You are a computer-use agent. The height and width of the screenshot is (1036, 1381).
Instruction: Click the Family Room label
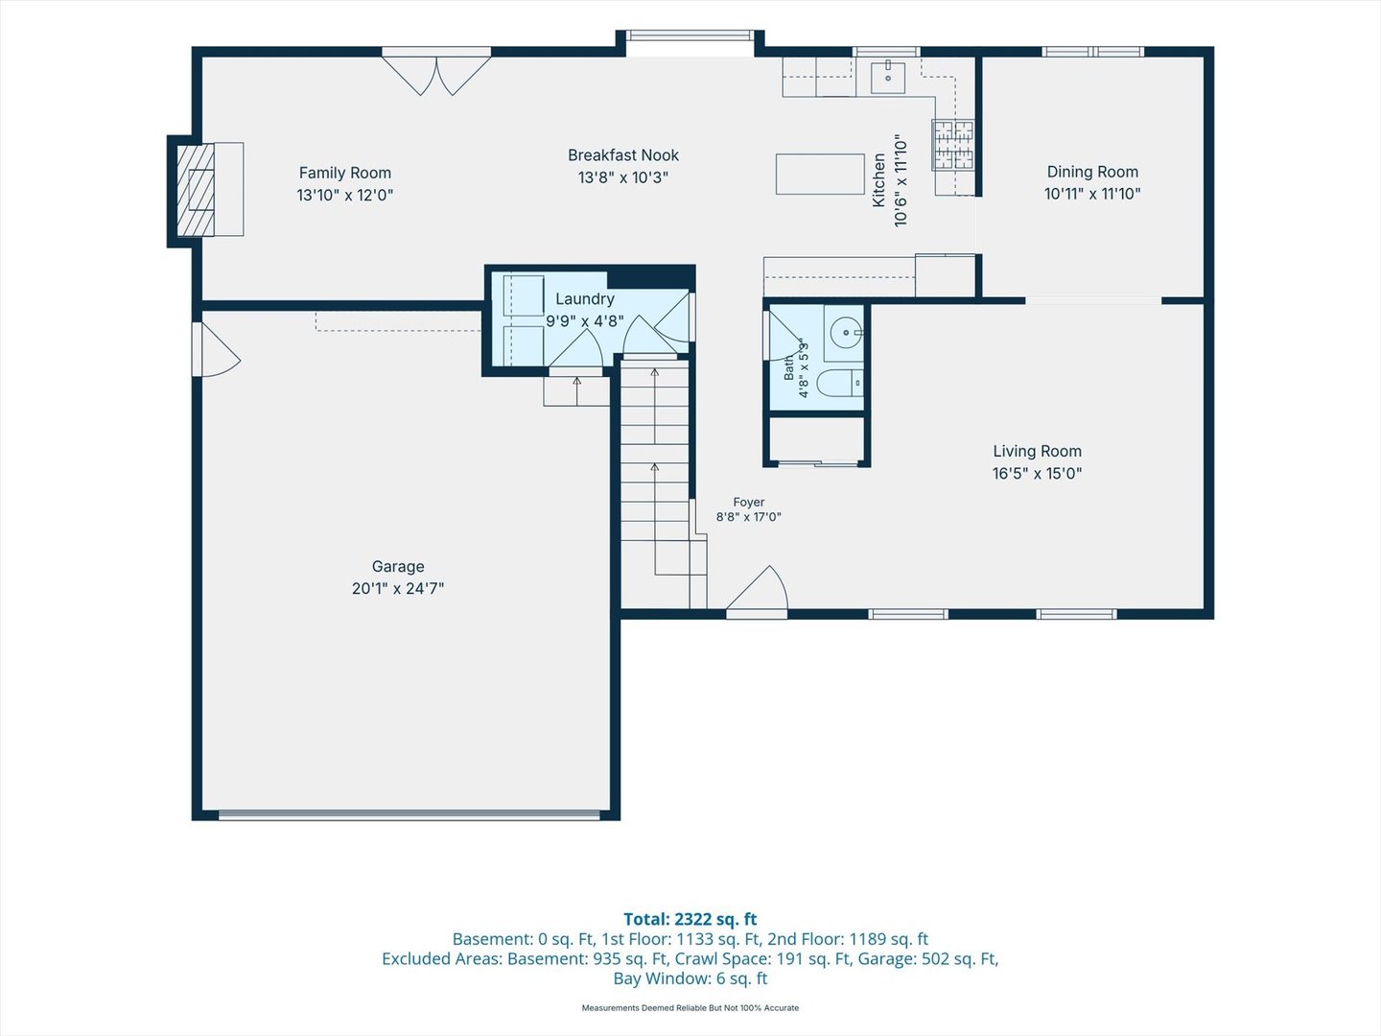pyautogui.click(x=345, y=173)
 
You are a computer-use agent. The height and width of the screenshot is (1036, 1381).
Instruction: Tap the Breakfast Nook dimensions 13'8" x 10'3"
pyautogui.click(x=622, y=177)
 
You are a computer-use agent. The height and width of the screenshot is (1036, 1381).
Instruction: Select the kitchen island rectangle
pyautogui.click(x=820, y=175)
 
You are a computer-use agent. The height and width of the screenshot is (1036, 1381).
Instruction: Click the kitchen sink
pyautogui.click(x=888, y=78)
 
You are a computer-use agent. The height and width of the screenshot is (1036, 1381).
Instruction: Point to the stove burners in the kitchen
pyautogui.click(x=953, y=145)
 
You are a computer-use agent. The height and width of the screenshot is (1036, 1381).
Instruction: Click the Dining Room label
pyautogui.click(x=1092, y=172)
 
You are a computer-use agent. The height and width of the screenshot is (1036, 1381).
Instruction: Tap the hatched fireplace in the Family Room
pyautogui.click(x=196, y=190)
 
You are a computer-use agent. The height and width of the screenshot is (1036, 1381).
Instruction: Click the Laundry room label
pyautogui.click(x=584, y=298)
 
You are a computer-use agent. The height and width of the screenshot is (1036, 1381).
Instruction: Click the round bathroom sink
pyautogui.click(x=846, y=333)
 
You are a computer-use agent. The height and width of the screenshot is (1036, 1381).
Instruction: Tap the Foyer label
pyautogui.click(x=749, y=502)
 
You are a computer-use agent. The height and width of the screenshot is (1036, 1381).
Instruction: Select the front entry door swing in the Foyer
pyautogui.click(x=758, y=590)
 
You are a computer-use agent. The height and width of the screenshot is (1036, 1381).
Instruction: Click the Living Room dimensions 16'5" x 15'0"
pyautogui.click(x=1037, y=473)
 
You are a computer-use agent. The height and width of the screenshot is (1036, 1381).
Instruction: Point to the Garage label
pyautogui.click(x=398, y=566)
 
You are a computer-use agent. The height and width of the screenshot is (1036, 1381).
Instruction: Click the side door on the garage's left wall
pyautogui.click(x=215, y=350)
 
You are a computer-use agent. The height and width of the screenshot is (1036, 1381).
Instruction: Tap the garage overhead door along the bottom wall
pyautogui.click(x=409, y=814)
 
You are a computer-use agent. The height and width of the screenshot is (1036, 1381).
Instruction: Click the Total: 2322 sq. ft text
pyautogui.click(x=690, y=919)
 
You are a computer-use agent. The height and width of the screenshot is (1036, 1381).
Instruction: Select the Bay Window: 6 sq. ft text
pyautogui.click(x=690, y=978)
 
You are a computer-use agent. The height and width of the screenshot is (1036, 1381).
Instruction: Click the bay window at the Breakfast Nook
pyautogui.click(x=690, y=36)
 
